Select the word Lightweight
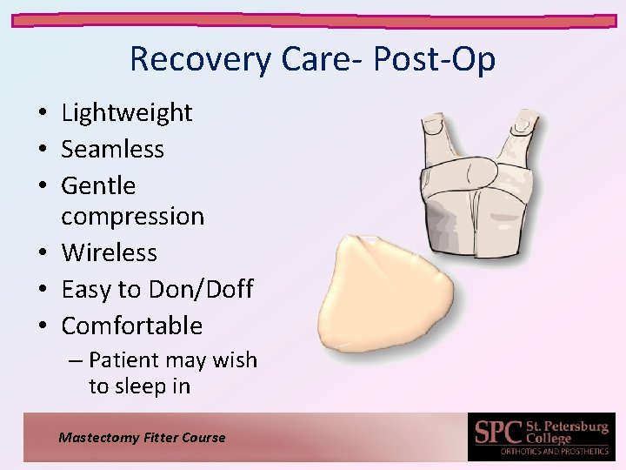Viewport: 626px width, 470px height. pos(126,112)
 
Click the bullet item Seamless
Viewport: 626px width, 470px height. pos(112,149)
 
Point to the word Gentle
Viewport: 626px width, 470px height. pos(98,185)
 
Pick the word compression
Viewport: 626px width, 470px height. pos(132,216)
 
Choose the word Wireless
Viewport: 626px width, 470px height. pos(109,252)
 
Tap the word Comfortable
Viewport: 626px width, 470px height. pos(131,326)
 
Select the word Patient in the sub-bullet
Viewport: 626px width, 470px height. pos(123,359)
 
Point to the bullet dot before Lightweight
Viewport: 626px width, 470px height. pos(42,113)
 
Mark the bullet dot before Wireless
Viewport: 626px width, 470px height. pos(42,253)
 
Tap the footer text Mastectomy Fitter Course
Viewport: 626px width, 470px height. pos(142,438)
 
